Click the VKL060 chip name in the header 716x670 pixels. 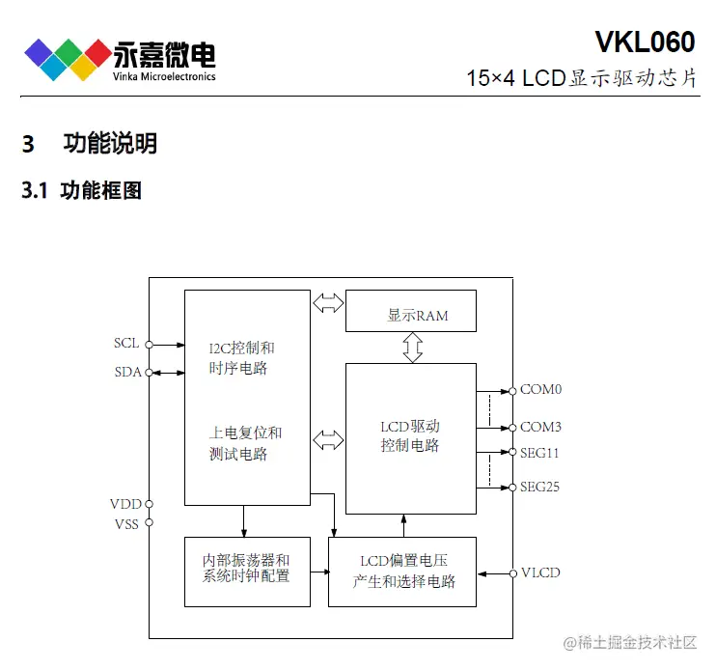click(644, 42)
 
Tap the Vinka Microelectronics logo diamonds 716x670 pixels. click(67, 58)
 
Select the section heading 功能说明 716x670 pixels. click(110, 144)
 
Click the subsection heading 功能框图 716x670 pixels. click(101, 190)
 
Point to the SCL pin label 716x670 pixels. click(126, 344)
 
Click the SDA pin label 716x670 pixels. click(126, 373)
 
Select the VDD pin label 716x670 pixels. click(124, 504)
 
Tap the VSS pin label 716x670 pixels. click(125, 524)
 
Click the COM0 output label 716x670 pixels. click(540, 390)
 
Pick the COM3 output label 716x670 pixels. click(540, 427)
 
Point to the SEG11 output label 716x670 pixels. click(539, 451)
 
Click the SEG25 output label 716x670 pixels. click(539, 488)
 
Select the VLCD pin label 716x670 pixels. click(540, 573)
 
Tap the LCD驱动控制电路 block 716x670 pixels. click(410, 436)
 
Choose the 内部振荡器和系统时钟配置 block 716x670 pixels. click(246, 569)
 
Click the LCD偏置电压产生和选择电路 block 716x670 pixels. click(403, 571)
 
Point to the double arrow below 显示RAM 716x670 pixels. click(412, 347)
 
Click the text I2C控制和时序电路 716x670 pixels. click(241, 357)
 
